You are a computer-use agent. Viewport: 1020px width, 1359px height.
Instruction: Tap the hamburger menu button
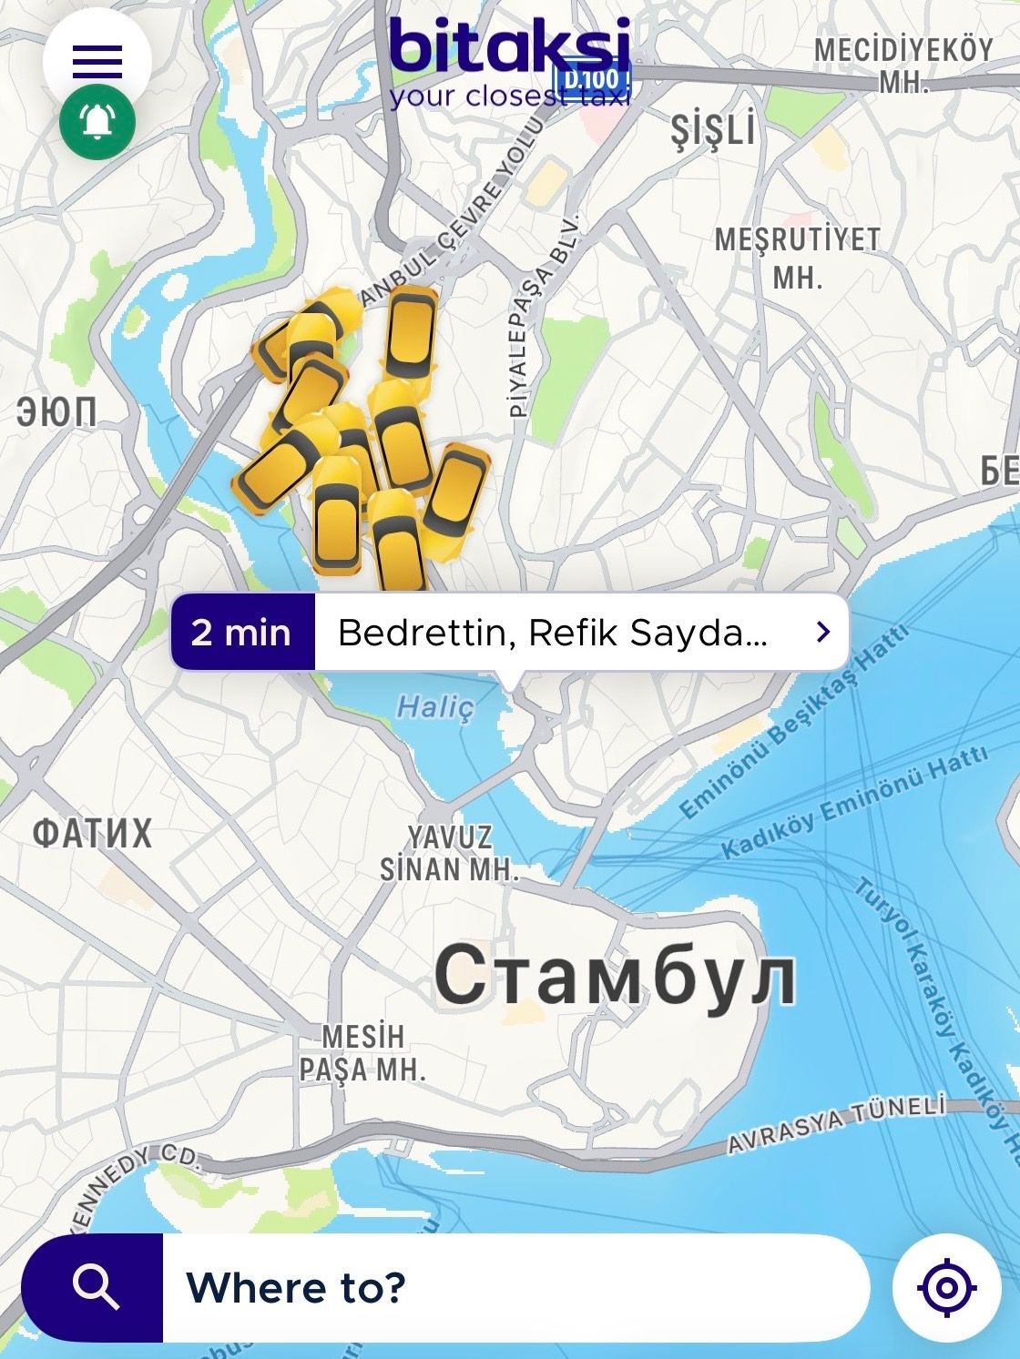(97, 61)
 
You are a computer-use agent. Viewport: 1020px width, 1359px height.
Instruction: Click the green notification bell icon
(97, 122)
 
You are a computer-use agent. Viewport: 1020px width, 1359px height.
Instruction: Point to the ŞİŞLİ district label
(713, 130)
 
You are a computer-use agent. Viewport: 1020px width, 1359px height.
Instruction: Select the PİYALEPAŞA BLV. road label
(545, 316)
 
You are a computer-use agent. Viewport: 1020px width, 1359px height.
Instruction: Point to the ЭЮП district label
(56, 413)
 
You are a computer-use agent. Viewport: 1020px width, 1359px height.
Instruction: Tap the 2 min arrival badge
(242, 633)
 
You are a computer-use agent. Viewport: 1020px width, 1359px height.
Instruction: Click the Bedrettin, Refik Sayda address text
(552, 633)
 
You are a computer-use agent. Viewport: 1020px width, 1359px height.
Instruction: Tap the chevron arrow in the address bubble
(823, 632)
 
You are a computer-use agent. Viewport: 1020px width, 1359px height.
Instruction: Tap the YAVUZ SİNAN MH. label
(449, 853)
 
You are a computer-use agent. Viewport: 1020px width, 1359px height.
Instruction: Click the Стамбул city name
(616, 975)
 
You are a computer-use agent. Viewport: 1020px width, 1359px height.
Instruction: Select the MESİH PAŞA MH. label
(362, 1053)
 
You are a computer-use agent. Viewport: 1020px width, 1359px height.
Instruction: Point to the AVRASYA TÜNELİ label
(837, 1125)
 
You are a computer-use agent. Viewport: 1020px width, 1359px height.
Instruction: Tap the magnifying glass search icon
(95, 1287)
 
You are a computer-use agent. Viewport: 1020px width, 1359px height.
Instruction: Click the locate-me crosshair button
(947, 1287)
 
